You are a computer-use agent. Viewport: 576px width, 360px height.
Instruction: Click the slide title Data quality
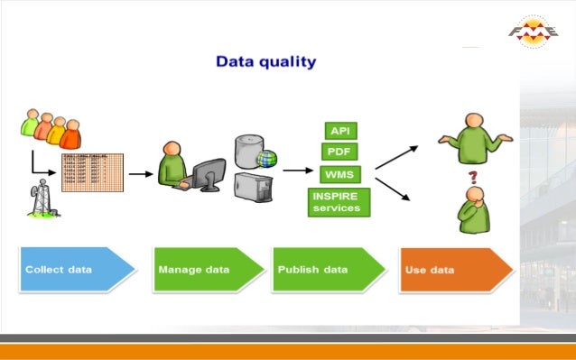265,62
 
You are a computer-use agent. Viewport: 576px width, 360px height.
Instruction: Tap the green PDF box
339,151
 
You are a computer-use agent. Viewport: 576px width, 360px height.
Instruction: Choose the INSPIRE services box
336,201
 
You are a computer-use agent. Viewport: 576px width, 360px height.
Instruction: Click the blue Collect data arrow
77,270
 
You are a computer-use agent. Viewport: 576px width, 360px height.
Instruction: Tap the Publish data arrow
324,270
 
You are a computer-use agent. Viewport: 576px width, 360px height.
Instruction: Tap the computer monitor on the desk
209,173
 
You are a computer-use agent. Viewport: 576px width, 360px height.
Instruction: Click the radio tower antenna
40,198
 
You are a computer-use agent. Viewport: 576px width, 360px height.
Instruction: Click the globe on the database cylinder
266,160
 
